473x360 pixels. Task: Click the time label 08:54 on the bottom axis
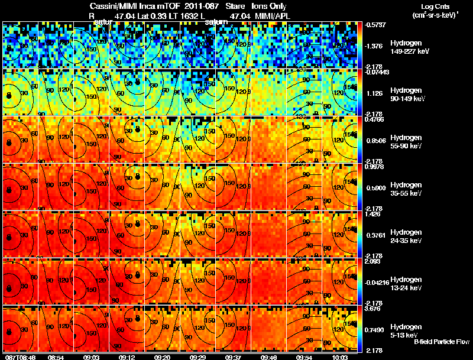coord(56,356)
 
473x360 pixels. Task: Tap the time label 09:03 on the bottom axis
coord(91,356)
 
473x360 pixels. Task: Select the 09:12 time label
coord(126,356)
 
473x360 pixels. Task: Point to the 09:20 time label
coord(161,356)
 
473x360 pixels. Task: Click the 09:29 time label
coord(197,356)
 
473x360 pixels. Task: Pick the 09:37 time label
coord(233,356)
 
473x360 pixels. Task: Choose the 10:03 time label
coord(339,356)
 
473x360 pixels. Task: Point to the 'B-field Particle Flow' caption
coord(441,342)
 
